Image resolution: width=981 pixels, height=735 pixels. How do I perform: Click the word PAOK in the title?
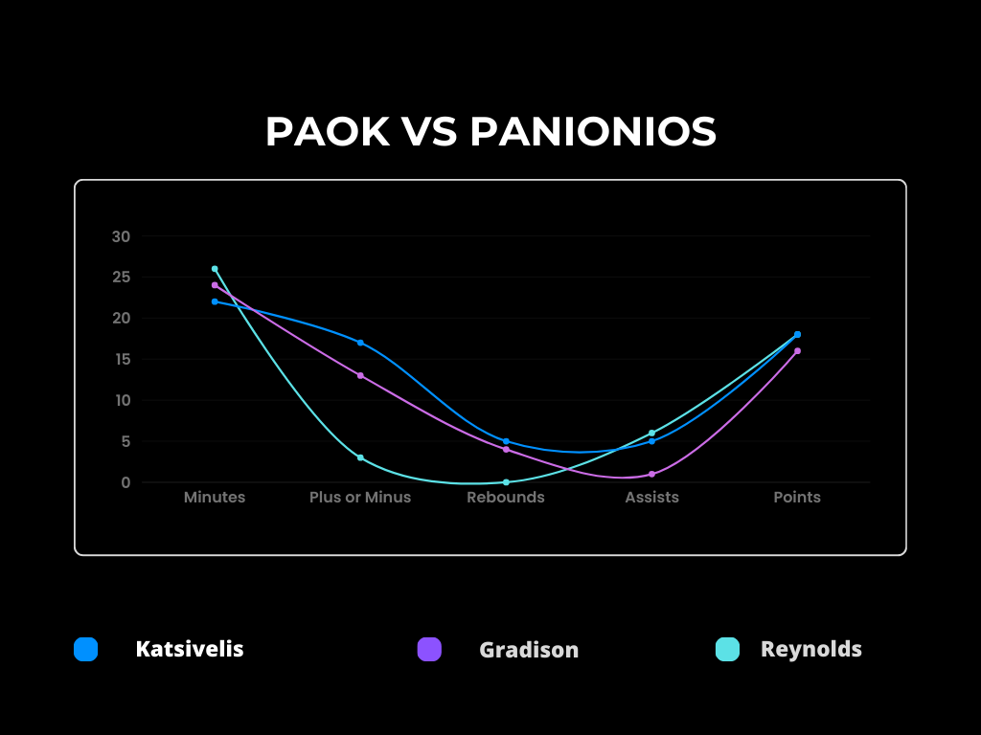tap(328, 132)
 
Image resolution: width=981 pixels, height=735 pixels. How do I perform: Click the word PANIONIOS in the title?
tap(593, 132)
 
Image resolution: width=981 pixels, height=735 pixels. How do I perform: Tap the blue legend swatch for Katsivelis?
tap(85, 650)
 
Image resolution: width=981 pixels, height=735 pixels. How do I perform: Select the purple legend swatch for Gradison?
tap(429, 650)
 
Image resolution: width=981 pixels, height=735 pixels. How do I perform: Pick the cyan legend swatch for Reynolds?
tap(728, 650)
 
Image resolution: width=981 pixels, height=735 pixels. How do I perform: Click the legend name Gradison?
tap(529, 650)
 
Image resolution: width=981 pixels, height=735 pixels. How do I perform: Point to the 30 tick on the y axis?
tap(122, 236)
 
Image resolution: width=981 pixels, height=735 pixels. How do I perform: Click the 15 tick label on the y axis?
tap(122, 360)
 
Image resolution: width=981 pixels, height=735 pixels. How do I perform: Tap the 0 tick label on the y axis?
tap(125, 482)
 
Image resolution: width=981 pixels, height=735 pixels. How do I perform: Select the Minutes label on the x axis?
tap(215, 498)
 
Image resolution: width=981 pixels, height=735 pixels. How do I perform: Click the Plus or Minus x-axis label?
tap(360, 498)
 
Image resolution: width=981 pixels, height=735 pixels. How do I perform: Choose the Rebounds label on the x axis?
tap(506, 498)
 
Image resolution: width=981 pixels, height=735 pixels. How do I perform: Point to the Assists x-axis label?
tap(651, 498)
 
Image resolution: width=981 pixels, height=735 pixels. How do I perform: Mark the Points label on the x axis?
tap(797, 498)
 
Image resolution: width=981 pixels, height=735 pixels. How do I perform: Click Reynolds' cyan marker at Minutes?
tap(215, 269)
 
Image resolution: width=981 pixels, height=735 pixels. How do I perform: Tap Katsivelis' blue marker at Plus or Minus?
tap(360, 343)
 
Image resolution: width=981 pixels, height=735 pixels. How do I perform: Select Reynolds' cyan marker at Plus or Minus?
tap(360, 457)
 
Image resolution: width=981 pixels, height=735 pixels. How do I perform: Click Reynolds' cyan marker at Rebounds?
tap(506, 482)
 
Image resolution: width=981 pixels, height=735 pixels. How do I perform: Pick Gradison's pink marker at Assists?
tap(651, 475)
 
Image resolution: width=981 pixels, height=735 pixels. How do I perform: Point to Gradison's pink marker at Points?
tap(798, 351)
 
